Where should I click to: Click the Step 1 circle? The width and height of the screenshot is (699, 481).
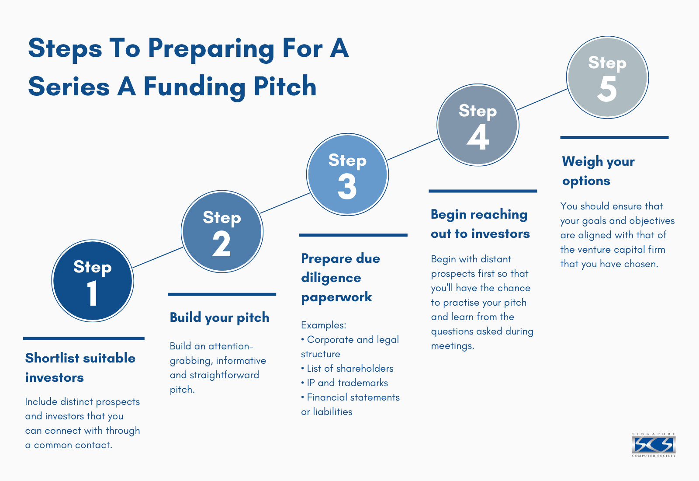pos(93,281)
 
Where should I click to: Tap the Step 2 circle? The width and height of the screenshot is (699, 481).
pos(222,232)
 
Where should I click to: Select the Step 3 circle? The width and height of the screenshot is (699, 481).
pos(347,174)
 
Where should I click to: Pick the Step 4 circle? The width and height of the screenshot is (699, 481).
pos(478,125)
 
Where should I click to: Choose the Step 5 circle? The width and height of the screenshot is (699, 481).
pos(607,77)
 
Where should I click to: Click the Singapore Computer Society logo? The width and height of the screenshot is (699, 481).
pos(654,445)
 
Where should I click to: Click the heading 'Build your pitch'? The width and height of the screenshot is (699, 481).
pos(219,317)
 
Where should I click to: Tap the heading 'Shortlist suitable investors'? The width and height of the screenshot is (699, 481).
pos(80,367)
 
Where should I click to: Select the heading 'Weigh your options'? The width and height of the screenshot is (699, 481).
pos(598,171)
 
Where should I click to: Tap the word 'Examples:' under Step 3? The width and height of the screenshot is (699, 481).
pos(323,325)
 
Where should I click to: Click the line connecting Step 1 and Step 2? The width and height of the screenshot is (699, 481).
pos(158,258)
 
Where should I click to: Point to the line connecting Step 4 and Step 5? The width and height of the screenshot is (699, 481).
pos(542,99)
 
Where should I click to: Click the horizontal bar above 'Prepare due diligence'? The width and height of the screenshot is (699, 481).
pos(353,235)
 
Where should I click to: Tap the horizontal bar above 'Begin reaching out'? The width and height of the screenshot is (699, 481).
pos(483,191)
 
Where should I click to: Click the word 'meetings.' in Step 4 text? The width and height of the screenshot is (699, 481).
pos(452,346)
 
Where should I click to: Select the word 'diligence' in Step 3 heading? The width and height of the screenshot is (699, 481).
pos(331,278)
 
